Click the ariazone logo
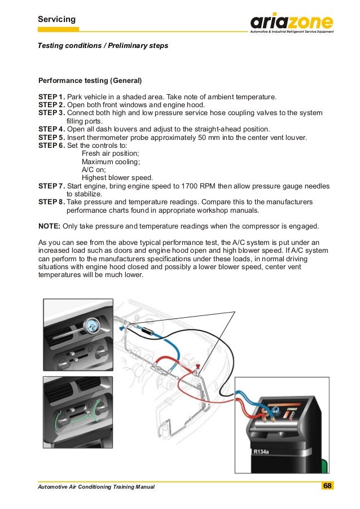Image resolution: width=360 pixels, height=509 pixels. coord(292,23)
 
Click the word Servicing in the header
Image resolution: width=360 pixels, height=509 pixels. coord(56,20)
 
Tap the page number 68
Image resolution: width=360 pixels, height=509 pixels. coord(327,486)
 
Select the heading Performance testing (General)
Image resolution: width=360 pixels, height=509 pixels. coord(90,80)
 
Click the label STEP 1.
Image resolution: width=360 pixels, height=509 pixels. coord(51,96)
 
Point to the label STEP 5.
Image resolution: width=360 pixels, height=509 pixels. coord(51,137)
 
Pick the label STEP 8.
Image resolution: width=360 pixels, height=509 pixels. coord(51,201)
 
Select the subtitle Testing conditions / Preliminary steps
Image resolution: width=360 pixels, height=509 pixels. coord(103,45)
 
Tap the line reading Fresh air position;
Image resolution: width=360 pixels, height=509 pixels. coord(109,153)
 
